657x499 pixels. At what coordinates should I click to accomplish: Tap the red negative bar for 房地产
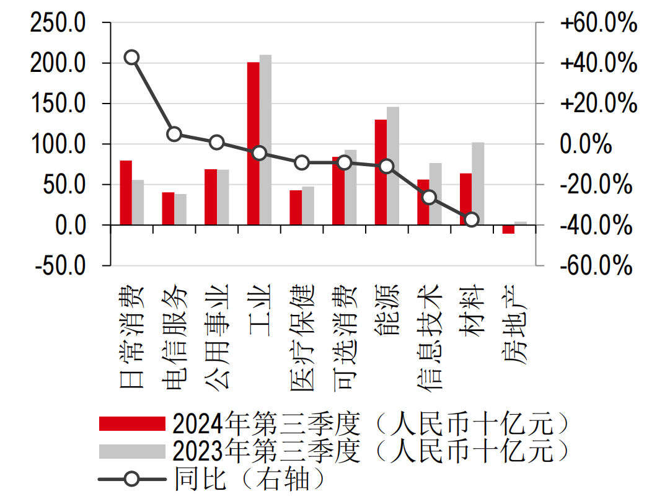(x=508, y=229)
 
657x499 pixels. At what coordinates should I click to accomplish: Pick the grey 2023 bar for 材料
(x=478, y=183)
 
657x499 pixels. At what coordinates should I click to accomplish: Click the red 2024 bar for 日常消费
(x=126, y=193)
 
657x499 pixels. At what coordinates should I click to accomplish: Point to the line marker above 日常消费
(x=131, y=58)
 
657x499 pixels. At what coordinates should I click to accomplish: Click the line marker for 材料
(x=472, y=219)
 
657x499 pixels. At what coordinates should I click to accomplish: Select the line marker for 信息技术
(x=430, y=198)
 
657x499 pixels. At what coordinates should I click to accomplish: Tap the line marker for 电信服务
(x=174, y=134)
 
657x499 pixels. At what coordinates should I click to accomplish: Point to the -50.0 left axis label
(x=60, y=266)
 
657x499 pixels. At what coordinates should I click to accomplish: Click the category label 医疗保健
(x=302, y=338)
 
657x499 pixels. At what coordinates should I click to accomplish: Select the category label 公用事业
(x=217, y=335)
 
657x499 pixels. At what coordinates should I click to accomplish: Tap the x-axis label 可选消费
(x=345, y=338)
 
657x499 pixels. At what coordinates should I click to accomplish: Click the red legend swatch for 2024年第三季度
(x=132, y=423)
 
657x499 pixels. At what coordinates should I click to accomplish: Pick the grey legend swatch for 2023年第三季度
(x=132, y=451)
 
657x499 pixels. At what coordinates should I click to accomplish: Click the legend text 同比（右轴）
(x=248, y=479)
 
